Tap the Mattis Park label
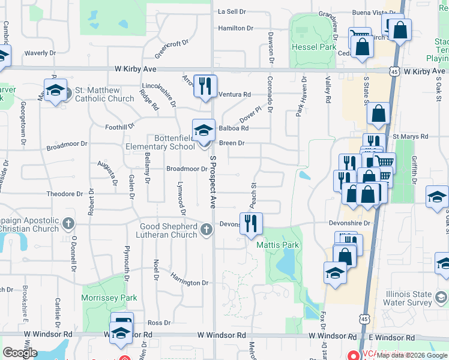(x=278, y=245)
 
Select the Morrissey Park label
(x=109, y=298)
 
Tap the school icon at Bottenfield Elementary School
(x=203, y=129)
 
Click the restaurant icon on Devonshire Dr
(x=251, y=223)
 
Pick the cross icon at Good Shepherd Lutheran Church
(x=206, y=229)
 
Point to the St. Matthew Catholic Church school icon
(x=55, y=91)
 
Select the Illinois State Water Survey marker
(x=442, y=298)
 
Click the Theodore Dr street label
(x=65, y=194)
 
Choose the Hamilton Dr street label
(x=236, y=28)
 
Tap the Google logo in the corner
(x=19, y=352)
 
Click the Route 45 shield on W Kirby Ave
(x=394, y=71)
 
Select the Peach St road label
(x=254, y=193)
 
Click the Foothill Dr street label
(x=120, y=127)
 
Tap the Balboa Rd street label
(x=234, y=128)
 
